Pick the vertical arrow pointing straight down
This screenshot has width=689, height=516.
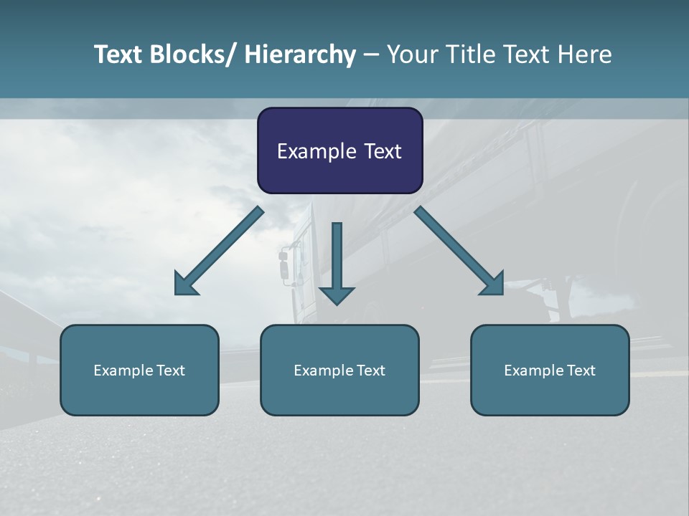[337, 262]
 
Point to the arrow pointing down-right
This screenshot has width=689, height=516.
[460, 252]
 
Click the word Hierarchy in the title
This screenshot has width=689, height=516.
[300, 54]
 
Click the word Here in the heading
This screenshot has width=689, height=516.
[585, 54]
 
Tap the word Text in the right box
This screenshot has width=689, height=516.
[579, 371]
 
